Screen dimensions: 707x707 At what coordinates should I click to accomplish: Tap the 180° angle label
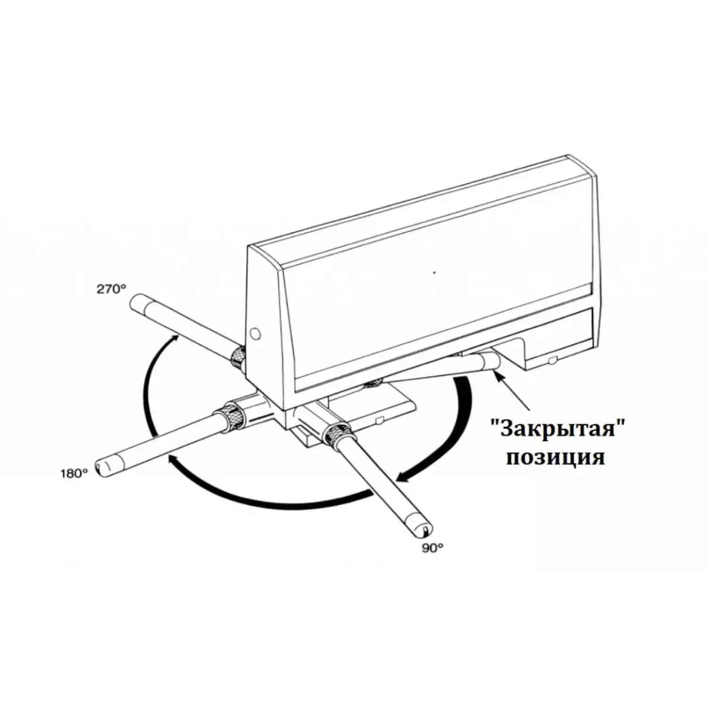click(74, 473)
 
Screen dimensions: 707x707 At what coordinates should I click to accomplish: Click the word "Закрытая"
click(557, 429)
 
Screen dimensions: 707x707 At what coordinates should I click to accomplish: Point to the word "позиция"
click(555, 457)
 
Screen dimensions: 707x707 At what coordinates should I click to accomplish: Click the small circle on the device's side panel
click(255, 333)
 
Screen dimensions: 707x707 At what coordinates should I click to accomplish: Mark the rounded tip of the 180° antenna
click(102, 468)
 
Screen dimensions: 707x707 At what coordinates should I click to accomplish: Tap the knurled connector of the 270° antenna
click(238, 357)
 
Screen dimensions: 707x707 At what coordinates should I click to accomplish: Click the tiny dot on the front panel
click(434, 272)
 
